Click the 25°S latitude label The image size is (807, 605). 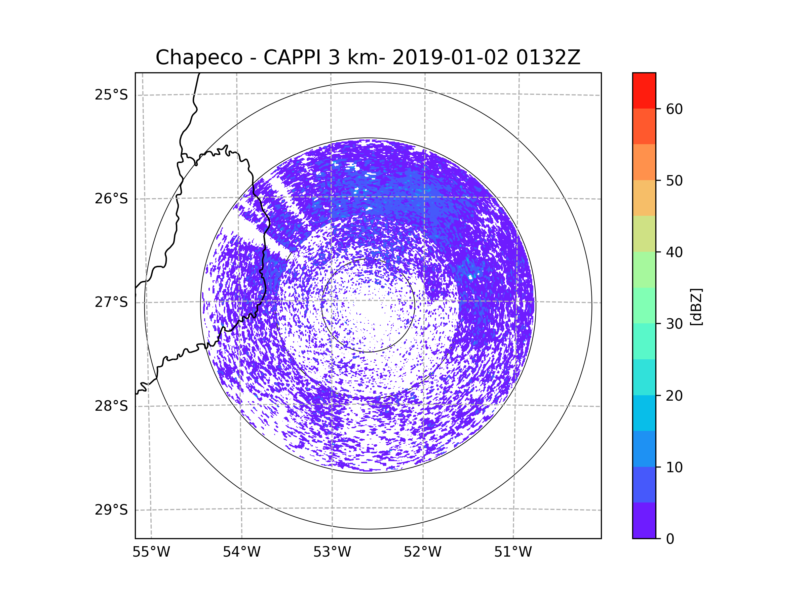111,95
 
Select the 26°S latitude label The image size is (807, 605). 111,199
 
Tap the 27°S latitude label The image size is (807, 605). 111,302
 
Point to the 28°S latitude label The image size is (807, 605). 111,406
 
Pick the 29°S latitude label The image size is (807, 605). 111,510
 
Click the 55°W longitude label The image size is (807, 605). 151,552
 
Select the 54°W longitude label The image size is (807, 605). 241,552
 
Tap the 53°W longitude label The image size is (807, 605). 332,552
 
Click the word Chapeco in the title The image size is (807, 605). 199,57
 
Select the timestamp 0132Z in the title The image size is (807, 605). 548,57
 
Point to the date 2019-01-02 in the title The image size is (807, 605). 450,57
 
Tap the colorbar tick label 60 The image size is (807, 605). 674,109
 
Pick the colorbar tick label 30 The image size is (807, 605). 674,324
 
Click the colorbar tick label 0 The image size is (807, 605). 670,539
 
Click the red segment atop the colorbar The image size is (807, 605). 644,90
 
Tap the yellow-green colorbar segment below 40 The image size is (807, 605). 644,234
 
